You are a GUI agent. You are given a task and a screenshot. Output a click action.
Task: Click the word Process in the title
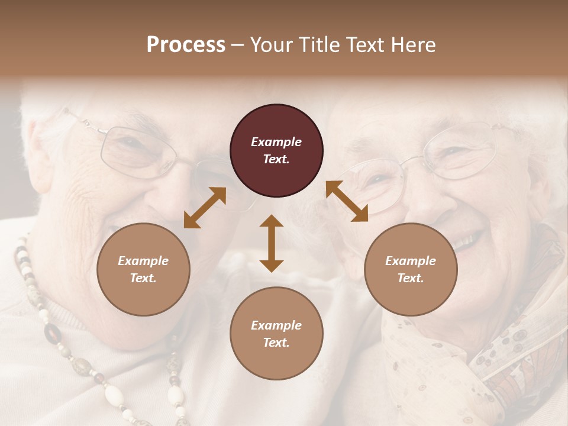186,45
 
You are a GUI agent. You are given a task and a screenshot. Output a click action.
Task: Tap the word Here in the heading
412,45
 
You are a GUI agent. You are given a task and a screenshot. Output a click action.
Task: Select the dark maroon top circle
276,151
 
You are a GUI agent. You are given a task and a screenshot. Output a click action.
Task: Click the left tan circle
143,269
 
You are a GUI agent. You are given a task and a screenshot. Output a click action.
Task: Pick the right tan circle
411,269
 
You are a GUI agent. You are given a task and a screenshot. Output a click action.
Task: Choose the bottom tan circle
276,334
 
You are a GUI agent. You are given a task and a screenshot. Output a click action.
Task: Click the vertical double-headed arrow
272,243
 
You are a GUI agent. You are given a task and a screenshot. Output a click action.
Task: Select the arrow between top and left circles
205,208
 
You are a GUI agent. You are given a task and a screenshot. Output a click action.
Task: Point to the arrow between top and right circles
347,201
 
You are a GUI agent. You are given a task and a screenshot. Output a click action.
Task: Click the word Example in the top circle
276,142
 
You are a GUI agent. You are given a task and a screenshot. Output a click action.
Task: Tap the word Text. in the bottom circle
276,343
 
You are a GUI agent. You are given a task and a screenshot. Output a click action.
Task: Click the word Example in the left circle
143,261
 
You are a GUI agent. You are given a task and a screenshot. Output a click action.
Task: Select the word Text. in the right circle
411,278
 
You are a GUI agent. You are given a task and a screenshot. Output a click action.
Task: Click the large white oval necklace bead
113,393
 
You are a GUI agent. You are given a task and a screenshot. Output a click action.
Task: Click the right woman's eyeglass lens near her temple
467,153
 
